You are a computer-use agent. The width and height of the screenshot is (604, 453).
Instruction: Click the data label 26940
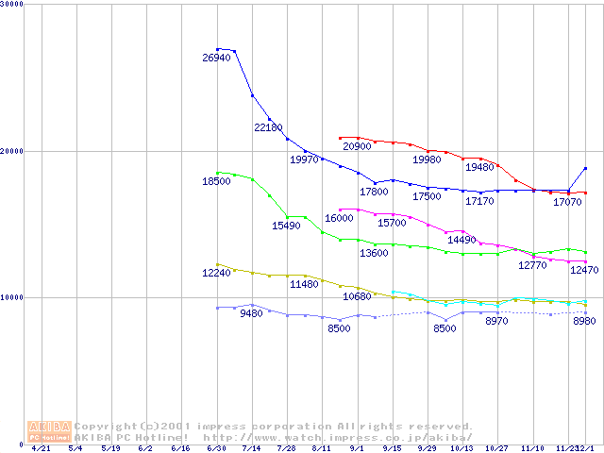[x=216, y=59]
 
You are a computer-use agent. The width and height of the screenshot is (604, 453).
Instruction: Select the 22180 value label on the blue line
[x=268, y=127]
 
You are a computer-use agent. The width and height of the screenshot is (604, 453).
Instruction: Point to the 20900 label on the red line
[x=357, y=147]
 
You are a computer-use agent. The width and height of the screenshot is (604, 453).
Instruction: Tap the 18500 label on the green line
[x=216, y=181]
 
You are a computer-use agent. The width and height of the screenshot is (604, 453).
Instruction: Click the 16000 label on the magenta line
[x=339, y=218]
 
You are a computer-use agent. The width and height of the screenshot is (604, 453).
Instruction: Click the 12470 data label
[x=584, y=271]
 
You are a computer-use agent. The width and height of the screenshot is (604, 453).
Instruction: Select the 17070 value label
[x=567, y=202]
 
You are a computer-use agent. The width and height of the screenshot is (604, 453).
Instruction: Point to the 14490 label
[x=461, y=241]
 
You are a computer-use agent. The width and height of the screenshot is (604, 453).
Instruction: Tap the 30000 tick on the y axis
[x=13, y=5]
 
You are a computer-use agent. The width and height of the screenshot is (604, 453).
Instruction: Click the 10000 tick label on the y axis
[x=13, y=297]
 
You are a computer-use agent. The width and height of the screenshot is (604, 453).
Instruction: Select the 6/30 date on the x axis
[x=217, y=449]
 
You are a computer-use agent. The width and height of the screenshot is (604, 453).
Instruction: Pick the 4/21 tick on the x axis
[x=41, y=449]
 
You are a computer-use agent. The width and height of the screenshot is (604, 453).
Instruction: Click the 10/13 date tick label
[x=462, y=449]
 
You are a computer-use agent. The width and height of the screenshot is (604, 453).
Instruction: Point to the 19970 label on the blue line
[x=304, y=160]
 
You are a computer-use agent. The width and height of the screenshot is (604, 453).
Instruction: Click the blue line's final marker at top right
[x=585, y=169]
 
